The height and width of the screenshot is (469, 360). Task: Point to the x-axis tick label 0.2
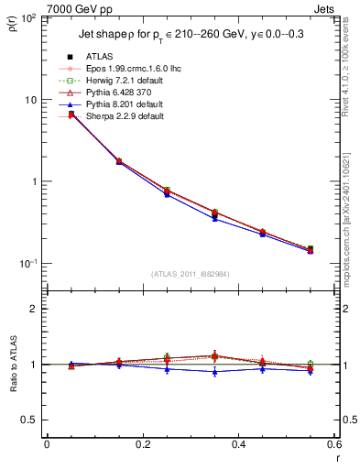[x=142, y=444]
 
